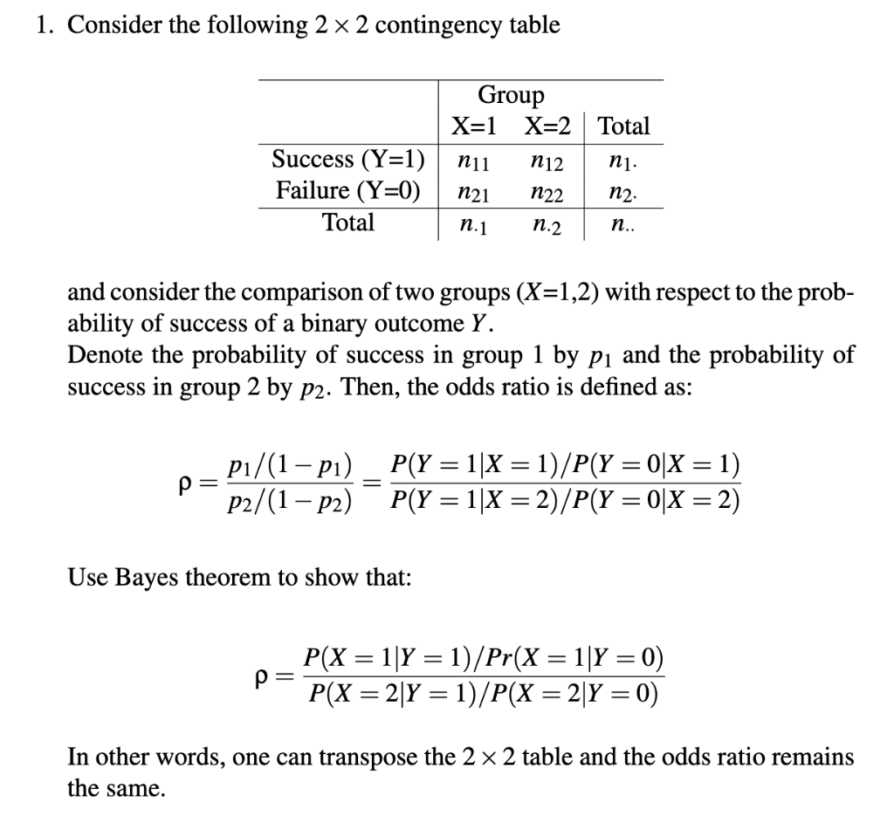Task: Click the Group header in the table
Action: (511, 95)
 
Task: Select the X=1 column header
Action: (474, 127)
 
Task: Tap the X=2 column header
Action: (547, 127)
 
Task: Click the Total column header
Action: (624, 127)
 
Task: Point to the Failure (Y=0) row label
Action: (347, 190)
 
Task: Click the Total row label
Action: (348, 223)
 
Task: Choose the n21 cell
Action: (474, 192)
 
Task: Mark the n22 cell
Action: (547, 192)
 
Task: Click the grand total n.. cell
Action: (620, 225)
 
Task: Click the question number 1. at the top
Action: (48, 25)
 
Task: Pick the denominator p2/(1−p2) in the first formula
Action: (288, 500)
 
